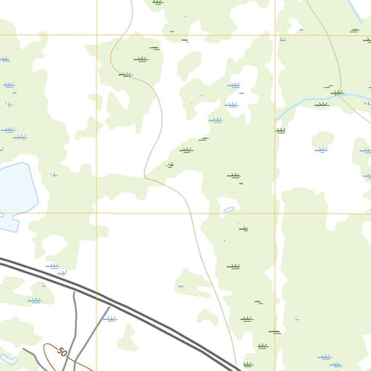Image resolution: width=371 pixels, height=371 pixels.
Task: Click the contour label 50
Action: (x=61, y=352)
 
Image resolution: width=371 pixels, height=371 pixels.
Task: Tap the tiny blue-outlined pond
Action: (x=228, y=210)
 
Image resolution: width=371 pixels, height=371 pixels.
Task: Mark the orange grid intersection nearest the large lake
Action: (x=96, y=212)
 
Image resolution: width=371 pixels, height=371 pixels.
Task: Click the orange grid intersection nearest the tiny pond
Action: (x=275, y=213)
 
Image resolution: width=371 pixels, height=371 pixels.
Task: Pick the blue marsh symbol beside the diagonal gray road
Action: (x=110, y=318)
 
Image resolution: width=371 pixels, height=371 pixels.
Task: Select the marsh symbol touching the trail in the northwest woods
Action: (x=125, y=74)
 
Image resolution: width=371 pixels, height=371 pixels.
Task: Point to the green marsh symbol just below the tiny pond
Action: (x=244, y=228)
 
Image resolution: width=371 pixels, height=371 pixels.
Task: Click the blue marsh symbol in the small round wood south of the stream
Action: (x=321, y=147)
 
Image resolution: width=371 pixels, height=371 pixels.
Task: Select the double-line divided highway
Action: (x=139, y=314)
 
